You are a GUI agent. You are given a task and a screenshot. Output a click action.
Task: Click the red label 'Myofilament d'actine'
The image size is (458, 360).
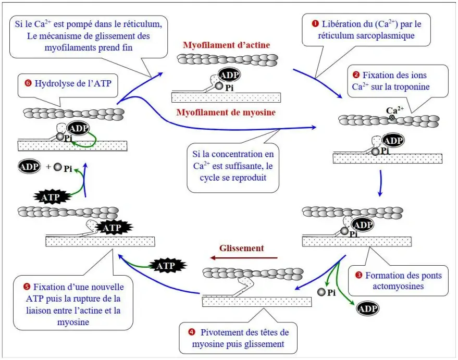coord(226,45)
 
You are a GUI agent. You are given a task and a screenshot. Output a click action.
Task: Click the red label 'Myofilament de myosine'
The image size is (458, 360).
coord(226,111)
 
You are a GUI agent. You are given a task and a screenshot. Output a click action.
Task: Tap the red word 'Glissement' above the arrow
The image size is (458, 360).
coord(242,248)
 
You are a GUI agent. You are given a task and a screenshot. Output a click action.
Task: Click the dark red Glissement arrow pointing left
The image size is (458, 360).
coord(243,257)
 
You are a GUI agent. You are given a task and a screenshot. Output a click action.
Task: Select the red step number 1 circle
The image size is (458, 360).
coord(315,23)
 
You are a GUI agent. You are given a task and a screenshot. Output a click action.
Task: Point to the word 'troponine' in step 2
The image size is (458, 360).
coord(412,86)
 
